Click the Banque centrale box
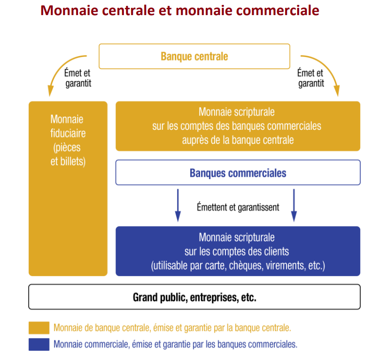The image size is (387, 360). [x=194, y=56]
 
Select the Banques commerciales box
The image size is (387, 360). [x=238, y=173]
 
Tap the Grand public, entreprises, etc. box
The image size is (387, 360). [x=195, y=297]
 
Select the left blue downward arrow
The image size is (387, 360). [x=178, y=205]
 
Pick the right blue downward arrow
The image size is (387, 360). [x=294, y=205]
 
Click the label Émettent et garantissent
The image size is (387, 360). [x=238, y=207]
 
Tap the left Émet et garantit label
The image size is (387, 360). [x=78, y=78]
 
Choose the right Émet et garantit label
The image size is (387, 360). [x=310, y=78]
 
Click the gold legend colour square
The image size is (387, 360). [x=39, y=328]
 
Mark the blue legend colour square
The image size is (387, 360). [x=39, y=344]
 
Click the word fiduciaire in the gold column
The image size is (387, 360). [x=68, y=133]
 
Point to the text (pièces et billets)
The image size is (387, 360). [x=68, y=155]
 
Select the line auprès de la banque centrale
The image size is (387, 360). [x=238, y=140]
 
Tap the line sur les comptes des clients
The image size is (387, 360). [x=237, y=251]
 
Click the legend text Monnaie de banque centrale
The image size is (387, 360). [x=102, y=328]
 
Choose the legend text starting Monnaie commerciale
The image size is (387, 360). [x=176, y=344]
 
